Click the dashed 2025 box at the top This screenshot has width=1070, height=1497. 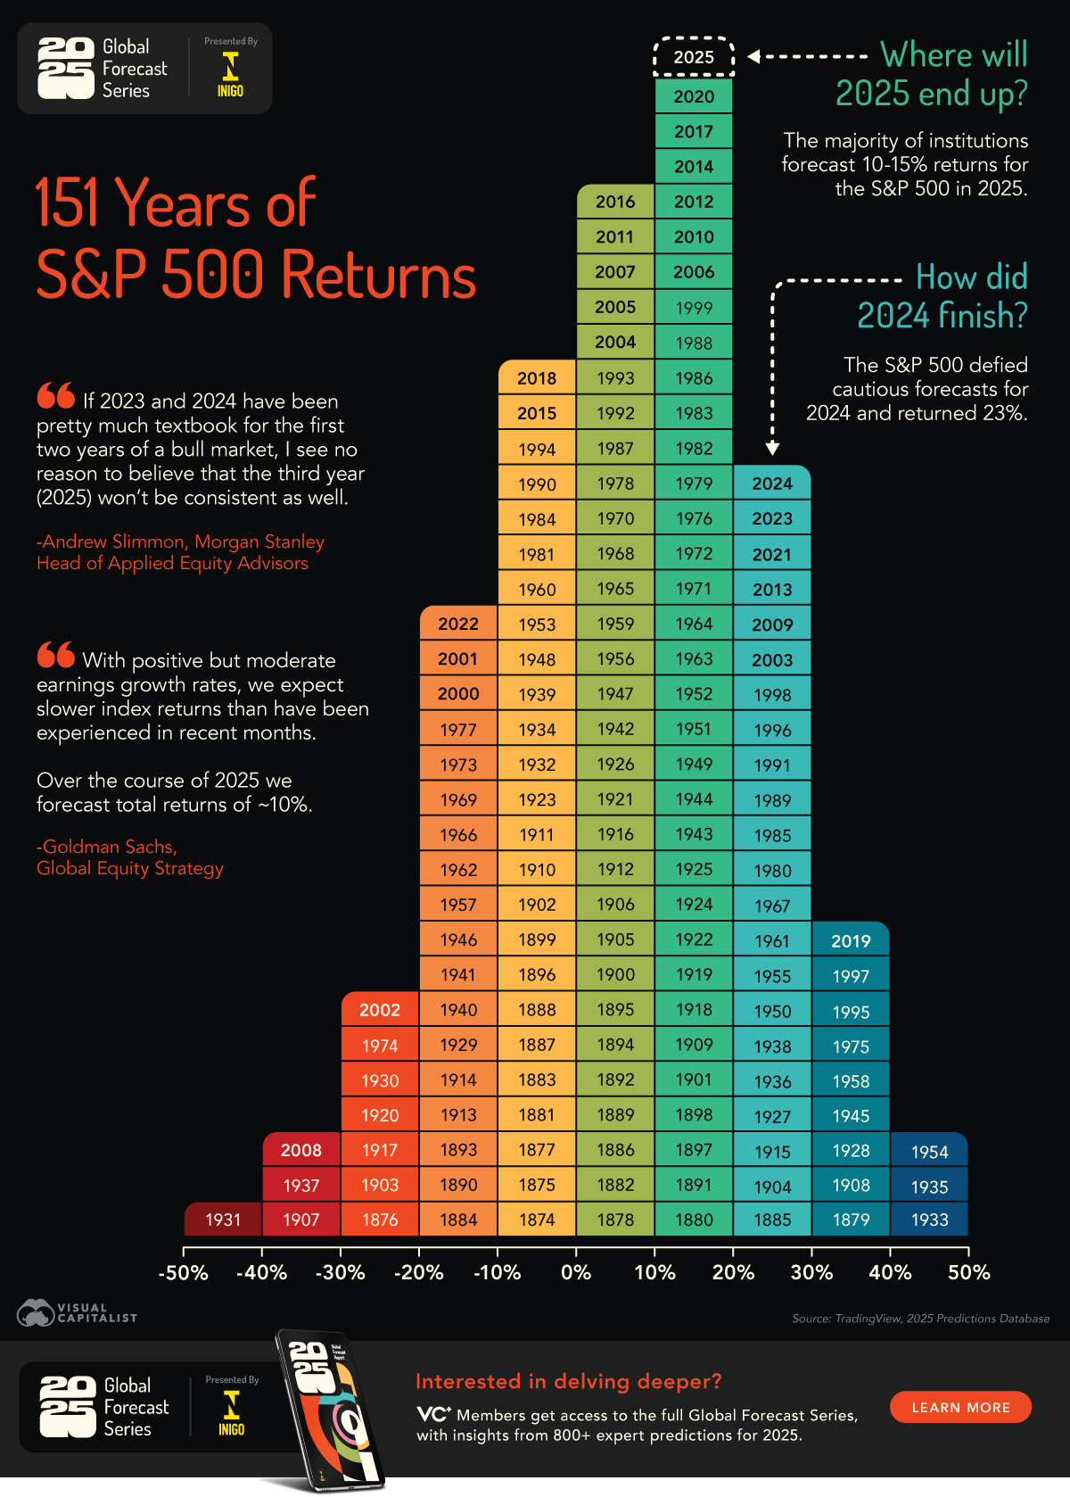point(694,57)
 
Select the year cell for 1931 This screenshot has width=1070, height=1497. point(223,1220)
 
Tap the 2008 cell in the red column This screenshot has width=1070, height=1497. point(301,1150)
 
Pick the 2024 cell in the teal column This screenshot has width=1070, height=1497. point(772,484)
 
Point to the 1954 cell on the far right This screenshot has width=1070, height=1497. point(929,1152)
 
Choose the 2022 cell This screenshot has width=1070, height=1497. point(458,624)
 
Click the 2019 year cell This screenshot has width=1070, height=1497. point(851,941)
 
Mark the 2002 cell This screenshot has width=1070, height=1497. point(380,1010)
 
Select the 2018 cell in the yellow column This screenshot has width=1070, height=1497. point(537,378)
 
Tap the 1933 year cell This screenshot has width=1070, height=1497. point(929,1220)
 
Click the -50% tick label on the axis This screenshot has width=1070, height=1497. point(183,1273)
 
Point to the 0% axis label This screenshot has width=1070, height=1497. point(576,1273)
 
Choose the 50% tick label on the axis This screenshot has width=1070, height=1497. point(969,1273)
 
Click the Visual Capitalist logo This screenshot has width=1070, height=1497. point(77,1313)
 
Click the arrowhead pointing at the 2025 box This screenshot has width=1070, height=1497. point(753,56)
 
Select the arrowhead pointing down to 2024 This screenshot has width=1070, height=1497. point(773,448)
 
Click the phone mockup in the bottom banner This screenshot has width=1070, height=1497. point(330,1410)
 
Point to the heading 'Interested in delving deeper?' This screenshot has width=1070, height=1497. point(568,1381)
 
